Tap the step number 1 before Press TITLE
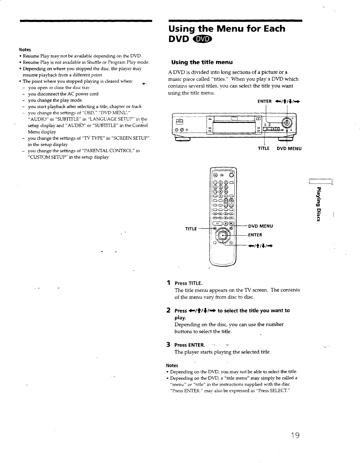168,283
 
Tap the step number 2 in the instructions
168,310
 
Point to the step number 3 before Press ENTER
168,345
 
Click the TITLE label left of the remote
191,229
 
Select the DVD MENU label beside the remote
260,226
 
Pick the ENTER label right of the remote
255,235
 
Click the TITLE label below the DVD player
263,148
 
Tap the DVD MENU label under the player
289,148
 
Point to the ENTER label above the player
265,102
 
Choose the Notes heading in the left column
25,49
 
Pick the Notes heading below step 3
172,365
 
